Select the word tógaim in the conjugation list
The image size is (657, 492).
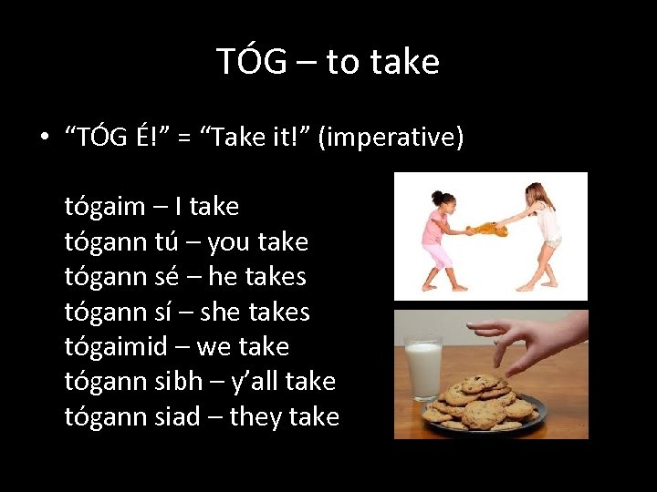(x=104, y=207)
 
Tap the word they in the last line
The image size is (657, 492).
(x=255, y=417)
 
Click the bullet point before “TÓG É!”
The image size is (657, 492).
(x=43, y=138)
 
